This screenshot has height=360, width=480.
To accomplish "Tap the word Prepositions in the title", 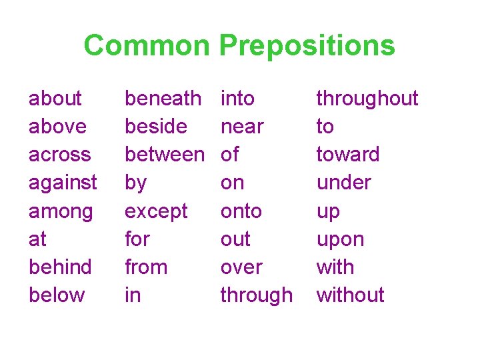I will coord(307,46).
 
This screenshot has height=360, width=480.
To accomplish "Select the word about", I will coord(55,99).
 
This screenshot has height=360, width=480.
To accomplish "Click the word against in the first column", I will coord(63,182).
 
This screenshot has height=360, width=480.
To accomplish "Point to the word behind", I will coord(60,267).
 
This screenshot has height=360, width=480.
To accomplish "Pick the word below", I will coord(57,295).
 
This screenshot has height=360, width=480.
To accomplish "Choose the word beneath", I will coord(163,99).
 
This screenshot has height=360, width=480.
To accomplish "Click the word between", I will coord(165,154).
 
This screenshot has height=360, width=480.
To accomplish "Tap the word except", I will coord(157,211).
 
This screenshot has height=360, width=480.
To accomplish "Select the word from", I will coord(146,267).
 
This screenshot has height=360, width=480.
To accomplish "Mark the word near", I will coord(242,127).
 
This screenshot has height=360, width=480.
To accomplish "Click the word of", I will coord(229,154).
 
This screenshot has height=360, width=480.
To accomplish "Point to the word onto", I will coord(241,211).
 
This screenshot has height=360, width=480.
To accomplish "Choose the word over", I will coord(241,267).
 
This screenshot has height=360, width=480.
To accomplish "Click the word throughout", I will coord(367,99).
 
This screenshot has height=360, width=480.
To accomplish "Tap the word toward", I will coord(347,154).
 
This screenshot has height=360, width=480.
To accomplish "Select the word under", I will coord(343,182).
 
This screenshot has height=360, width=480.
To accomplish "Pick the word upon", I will coord(340,239).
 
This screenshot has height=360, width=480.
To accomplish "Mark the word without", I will coord(350,295).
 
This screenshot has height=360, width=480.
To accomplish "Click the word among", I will coord(61,211).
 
